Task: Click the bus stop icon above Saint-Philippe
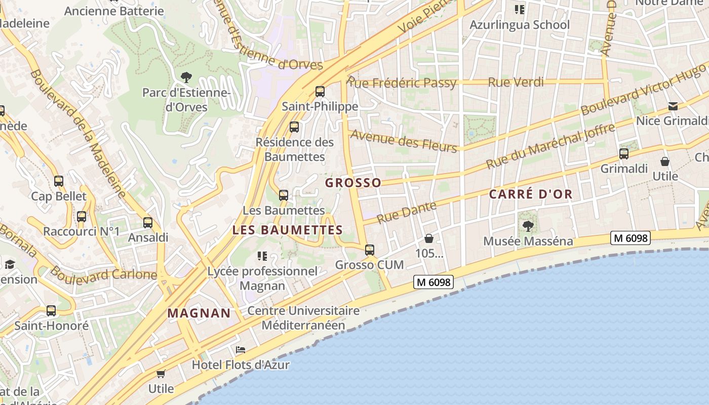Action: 320,92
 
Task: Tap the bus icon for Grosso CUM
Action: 370,250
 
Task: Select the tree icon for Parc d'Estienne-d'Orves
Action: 186,77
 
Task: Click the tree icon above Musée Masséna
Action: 528,226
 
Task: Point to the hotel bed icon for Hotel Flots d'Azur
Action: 241,350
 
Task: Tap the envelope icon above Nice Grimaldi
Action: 673,106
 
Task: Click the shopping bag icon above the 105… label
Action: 429,238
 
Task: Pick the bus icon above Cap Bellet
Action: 59,181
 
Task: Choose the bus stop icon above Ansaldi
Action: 148,222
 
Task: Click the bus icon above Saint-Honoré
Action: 51,310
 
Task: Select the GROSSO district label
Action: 353,183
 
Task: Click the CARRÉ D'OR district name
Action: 531,194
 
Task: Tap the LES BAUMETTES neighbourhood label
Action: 287,230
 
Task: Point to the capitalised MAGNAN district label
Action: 199,313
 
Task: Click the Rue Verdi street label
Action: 516,82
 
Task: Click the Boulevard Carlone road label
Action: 103,274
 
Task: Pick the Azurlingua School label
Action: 520,25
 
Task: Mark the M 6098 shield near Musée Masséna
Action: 630,237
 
